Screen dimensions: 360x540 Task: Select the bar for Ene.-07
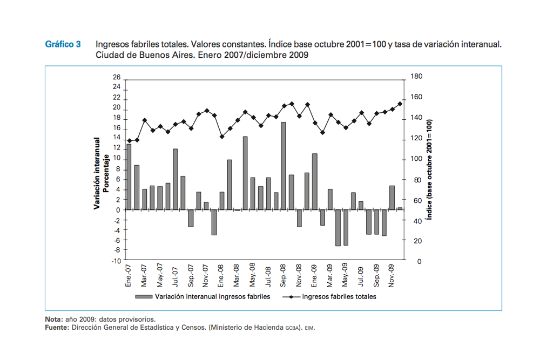coord(129,176)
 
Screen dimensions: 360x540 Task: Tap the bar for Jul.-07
coord(175,179)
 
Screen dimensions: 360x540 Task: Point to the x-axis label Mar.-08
coord(237,275)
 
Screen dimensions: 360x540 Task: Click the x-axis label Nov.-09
coord(392,275)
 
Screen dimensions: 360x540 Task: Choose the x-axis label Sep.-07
coord(191,275)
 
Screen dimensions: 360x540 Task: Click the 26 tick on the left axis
coord(116,78)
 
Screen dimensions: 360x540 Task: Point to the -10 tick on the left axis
coord(115,261)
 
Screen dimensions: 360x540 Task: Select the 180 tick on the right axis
coord(416,77)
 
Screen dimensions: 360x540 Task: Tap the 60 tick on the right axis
coord(414,200)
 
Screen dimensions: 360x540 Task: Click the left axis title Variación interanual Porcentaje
coord(102,173)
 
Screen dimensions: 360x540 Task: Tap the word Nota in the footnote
coord(53,320)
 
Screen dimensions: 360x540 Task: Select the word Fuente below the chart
coord(56,327)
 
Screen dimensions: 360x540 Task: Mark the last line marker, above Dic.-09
coord(400,104)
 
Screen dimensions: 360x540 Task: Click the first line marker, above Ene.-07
coord(129,141)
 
